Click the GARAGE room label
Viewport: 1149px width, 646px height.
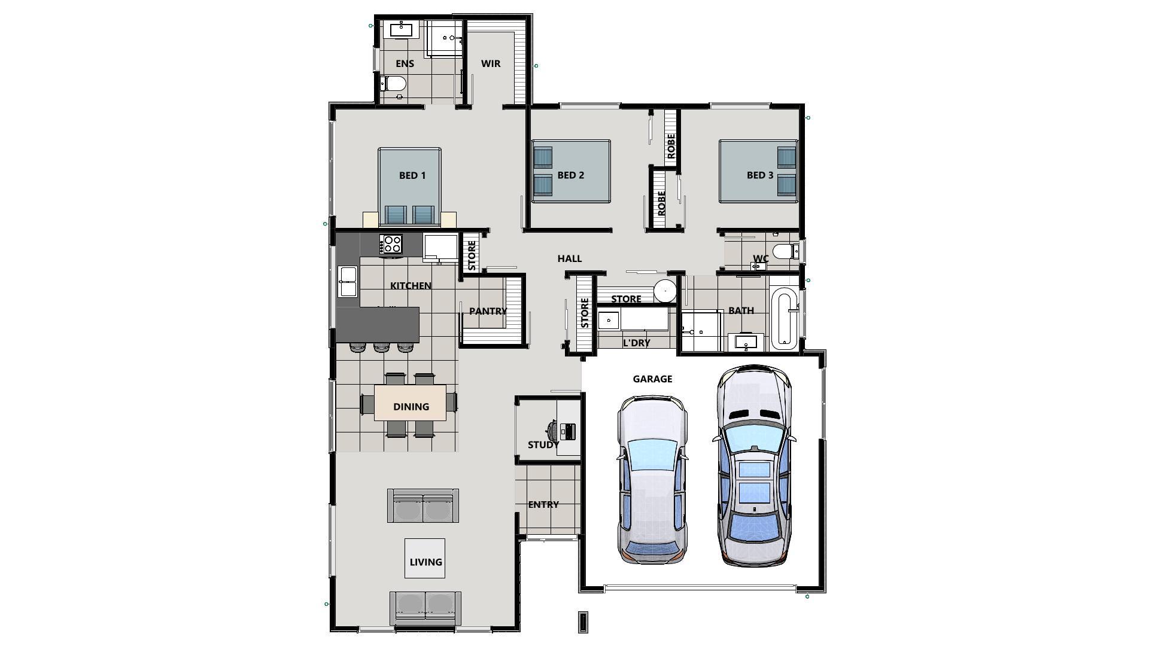652,379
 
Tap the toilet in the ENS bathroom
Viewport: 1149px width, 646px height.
394,83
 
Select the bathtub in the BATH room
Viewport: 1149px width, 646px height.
784,318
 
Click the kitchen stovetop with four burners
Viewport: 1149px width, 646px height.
391,243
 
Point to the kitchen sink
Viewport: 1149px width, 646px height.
348,282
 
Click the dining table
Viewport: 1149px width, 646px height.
411,403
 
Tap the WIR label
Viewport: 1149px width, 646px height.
491,63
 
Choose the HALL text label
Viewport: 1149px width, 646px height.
569,258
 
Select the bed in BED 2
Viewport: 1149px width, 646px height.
571,171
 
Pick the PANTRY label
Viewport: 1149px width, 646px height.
487,311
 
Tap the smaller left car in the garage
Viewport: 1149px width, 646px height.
652,479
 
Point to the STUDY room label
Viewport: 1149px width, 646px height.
543,444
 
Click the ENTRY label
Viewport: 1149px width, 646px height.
543,504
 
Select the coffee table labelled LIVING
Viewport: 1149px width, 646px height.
425,558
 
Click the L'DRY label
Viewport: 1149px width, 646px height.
636,343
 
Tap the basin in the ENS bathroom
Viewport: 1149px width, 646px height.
401,29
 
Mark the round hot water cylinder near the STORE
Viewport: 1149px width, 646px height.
664,291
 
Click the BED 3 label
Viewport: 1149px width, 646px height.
760,175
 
